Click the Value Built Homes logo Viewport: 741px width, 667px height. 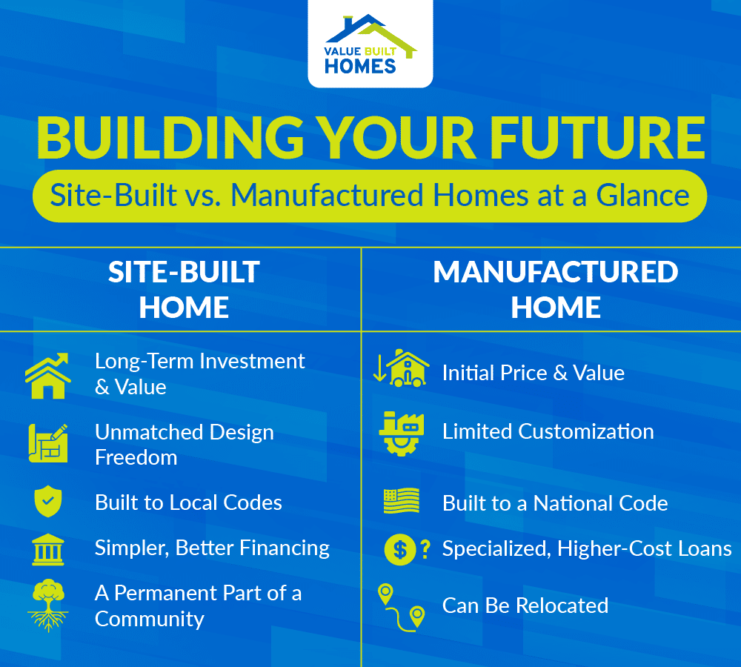[370, 44]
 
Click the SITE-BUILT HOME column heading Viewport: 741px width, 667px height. [184, 289]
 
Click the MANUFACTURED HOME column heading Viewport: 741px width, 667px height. [555, 289]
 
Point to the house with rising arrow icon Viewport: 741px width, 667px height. [47, 375]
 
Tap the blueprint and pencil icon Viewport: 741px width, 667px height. [47, 443]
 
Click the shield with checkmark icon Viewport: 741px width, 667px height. [47, 502]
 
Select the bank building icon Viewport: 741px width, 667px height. [47, 549]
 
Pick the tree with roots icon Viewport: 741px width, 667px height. [47, 605]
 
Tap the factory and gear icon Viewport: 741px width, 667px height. [401, 431]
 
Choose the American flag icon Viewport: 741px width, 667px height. [401, 502]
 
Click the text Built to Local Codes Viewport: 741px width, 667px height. [188, 502]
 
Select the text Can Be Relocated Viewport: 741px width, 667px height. [525, 605]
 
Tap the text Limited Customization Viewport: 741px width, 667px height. [548, 431]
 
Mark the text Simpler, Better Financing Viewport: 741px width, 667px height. [212, 548]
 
